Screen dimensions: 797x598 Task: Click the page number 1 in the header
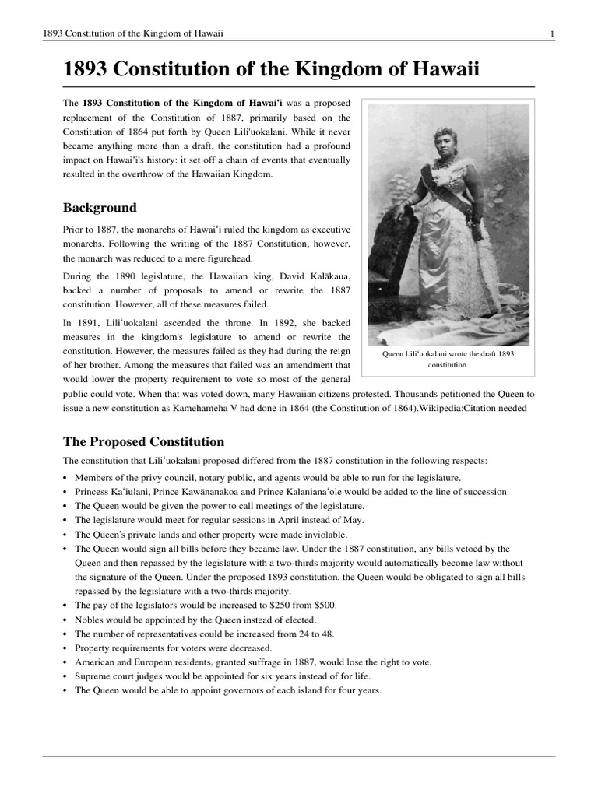[x=552, y=33]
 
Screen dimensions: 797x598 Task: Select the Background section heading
[x=100, y=208]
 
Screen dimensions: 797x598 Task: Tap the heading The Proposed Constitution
[x=143, y=441]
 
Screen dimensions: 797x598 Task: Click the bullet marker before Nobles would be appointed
[x=65, y=620]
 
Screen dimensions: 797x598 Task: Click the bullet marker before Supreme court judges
[x=65, y=676]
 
